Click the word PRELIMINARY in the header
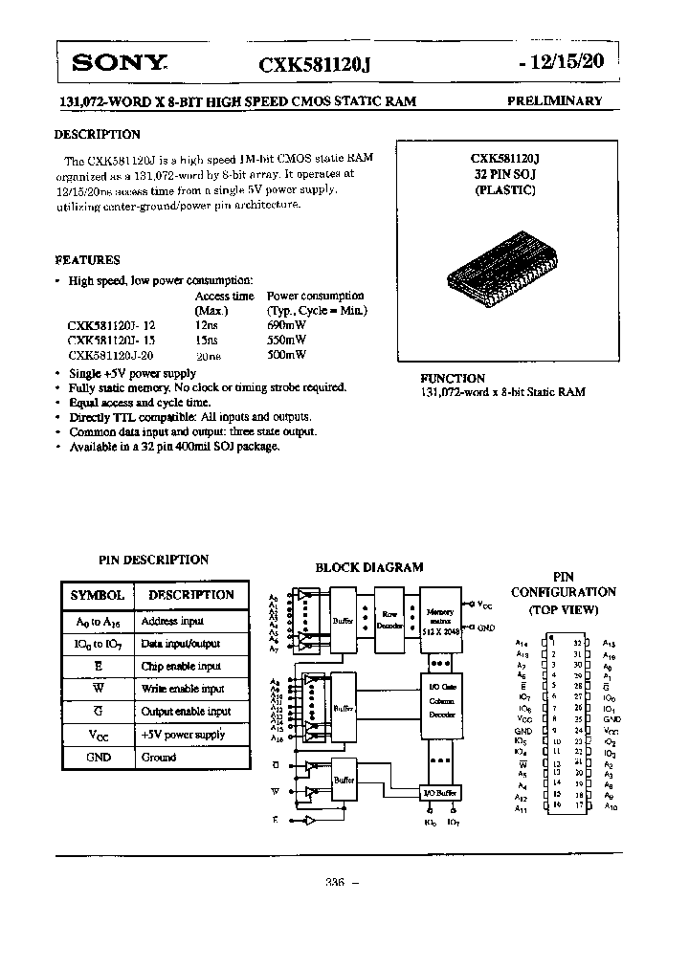click(554, 101)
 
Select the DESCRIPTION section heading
click(98, 135)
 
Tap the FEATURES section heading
click(87, 260)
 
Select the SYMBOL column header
click(98, 595)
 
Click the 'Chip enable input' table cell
click(181, 666)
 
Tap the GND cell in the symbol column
click(98, 757)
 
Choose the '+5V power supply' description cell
click(183, 735)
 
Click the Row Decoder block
click(389, 619)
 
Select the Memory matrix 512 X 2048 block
click(440, 619)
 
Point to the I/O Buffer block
click(441, 793)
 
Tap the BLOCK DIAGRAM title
click(369, 567)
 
